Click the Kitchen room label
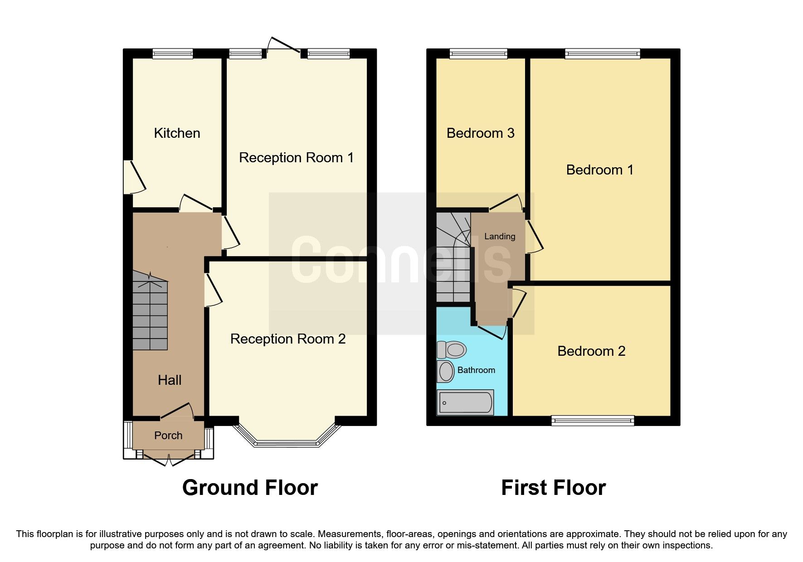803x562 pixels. [x=177, y=133]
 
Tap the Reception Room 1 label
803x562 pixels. [x=296, y=158]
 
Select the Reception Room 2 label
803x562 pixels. [x=287, y=339]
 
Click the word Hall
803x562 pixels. [x=170, y=380]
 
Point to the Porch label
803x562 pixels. [x=168, y=436]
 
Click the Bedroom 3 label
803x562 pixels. [x=480, y=133]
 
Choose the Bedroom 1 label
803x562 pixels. [x=599, y=170]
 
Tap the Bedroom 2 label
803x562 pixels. [x=591, y=351]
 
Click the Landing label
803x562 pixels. [x=500, y=237]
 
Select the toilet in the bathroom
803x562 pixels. [x=452, y=350]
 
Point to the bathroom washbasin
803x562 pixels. [x=446, y=372]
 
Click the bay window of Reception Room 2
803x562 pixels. [x=287, y=442]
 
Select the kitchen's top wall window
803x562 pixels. [x=172, y=54]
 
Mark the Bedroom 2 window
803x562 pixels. [x=593, y=421]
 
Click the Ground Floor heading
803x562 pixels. [x=250, y=488]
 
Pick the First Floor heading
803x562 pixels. [x=553, y=488]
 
